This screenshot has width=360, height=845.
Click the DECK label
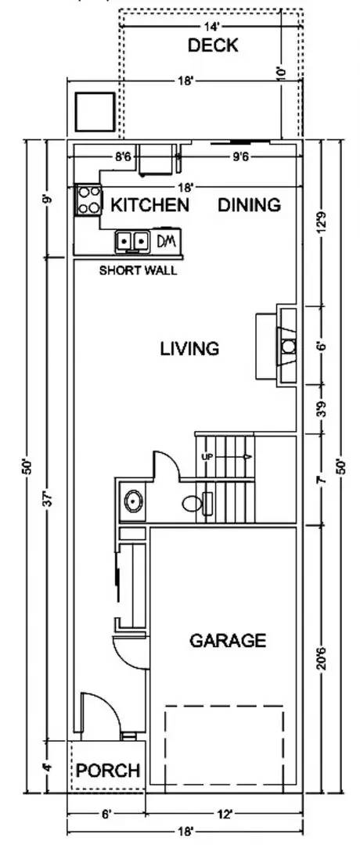pyautogui.click(x=212, y=45)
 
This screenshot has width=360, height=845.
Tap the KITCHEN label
pyautogui.click(x=149, y=205)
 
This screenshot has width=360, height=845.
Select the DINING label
pyautogui.click(x=249, y=205)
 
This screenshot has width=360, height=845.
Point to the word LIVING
pyautogui.click(x=189, y=349)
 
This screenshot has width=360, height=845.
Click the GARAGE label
pyautogui.click(x=228, y=640)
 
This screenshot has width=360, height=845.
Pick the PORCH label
pyautogui.click(x=108, y=771)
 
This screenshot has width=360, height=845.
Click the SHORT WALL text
pyautogui.click(x=138, y=271)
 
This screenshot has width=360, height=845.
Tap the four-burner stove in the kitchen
pyautogui.click(x=88, y=200)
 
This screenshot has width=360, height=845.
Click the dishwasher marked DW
pyautogui.click(x=167, y=241)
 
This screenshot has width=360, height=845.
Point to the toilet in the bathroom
pyautogui.click(x=192, y=504)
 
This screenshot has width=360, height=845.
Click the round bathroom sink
pyautogui.click(x=133, y=502)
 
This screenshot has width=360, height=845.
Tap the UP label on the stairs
pyautogui.click(x=208, y=457)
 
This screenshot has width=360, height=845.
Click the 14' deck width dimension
pyautogui.click(x=211, y=24)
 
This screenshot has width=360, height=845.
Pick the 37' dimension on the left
pyautogui.click(x=48, y=498)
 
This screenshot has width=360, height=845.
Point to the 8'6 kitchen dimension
pyautogui.click(x=123, y=156)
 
